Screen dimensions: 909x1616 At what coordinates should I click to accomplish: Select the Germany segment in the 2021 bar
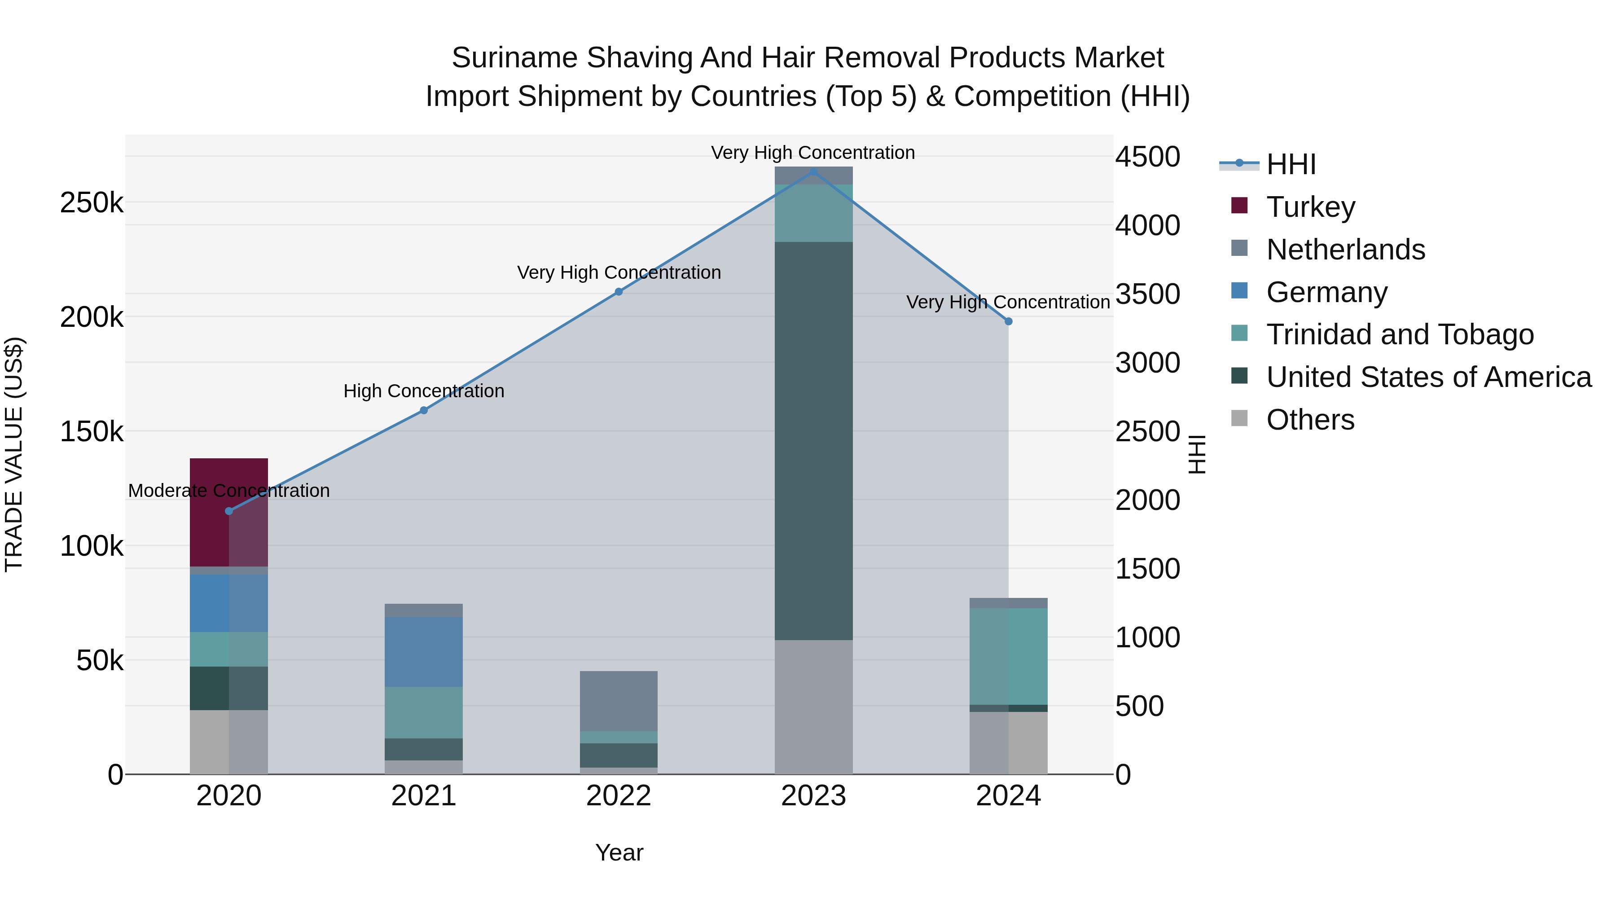click(423, 651)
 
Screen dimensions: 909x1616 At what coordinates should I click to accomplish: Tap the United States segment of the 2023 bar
click(814, 440)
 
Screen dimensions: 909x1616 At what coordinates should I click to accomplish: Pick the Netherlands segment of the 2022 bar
click(619, 701)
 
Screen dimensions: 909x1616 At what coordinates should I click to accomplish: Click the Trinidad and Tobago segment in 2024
click(1008, 656)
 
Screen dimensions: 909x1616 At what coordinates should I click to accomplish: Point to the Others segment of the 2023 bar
click(814, 707)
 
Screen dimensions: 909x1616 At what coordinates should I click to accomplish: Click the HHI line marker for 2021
click(423, 410)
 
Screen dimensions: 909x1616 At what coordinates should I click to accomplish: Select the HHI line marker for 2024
click(1009, 321)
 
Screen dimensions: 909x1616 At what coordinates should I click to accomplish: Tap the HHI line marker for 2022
click(619, 292)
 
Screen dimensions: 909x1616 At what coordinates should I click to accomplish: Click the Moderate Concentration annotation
click(229, 491)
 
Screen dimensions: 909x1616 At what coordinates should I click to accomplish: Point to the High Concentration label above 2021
click(423, 391)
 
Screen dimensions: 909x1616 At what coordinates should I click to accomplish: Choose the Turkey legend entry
click(1310, 206)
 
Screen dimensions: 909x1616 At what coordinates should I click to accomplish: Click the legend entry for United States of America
click(1428, 377)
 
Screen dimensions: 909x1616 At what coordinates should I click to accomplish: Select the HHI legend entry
click(1291, 164)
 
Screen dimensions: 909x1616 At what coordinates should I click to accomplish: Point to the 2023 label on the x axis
click(814, 796)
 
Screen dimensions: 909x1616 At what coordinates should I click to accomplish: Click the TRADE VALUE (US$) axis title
click(14, 454)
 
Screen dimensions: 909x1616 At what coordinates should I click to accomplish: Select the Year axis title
click(619, 852)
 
